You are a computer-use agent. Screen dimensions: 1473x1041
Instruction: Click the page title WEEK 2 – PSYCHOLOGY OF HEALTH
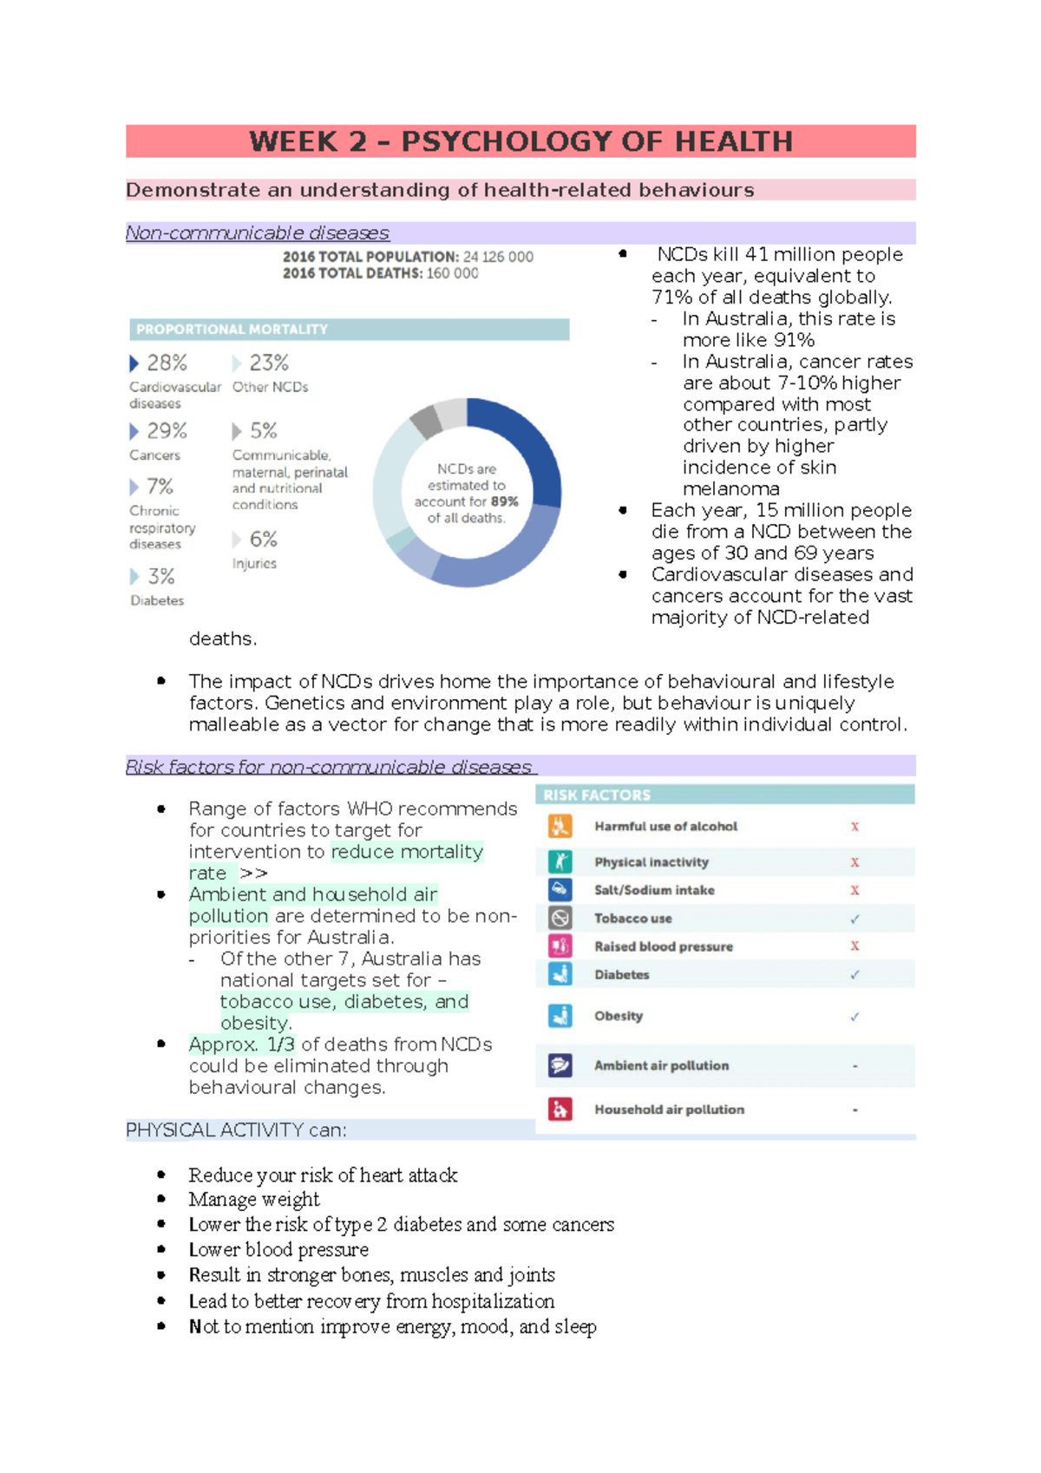[520, 141]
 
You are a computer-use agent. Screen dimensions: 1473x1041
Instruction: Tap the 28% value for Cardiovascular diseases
[167, 363]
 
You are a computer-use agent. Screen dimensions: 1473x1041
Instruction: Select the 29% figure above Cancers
[167, 431]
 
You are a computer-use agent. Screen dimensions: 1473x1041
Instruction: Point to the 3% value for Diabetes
[160, 577]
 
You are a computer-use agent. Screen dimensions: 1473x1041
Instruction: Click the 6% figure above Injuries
[263, 540]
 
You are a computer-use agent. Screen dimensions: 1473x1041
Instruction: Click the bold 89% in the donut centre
[504, 501]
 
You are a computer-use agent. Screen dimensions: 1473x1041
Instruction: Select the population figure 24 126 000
[498, 257]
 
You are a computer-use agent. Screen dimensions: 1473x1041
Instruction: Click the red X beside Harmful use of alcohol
[854, 827]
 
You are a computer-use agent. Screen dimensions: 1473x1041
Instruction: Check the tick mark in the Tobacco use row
[854, 919]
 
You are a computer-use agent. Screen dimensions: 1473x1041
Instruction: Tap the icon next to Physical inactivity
[560, 861]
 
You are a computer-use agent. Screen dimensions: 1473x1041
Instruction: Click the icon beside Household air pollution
[560, 1109]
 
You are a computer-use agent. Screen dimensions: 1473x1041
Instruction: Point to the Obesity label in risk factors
[619, 1016]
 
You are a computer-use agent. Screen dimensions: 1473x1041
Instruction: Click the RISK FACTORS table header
[597, 795]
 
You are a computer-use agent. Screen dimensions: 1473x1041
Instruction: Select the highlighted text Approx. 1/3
[242, 1044]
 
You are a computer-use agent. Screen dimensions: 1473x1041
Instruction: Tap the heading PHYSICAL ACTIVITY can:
[236, 1130]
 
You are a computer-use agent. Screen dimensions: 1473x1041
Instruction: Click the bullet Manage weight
[254, 1200]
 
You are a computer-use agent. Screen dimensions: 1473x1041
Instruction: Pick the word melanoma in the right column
[731, 488]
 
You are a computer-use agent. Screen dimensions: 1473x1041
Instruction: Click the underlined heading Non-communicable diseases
[258, 233]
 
